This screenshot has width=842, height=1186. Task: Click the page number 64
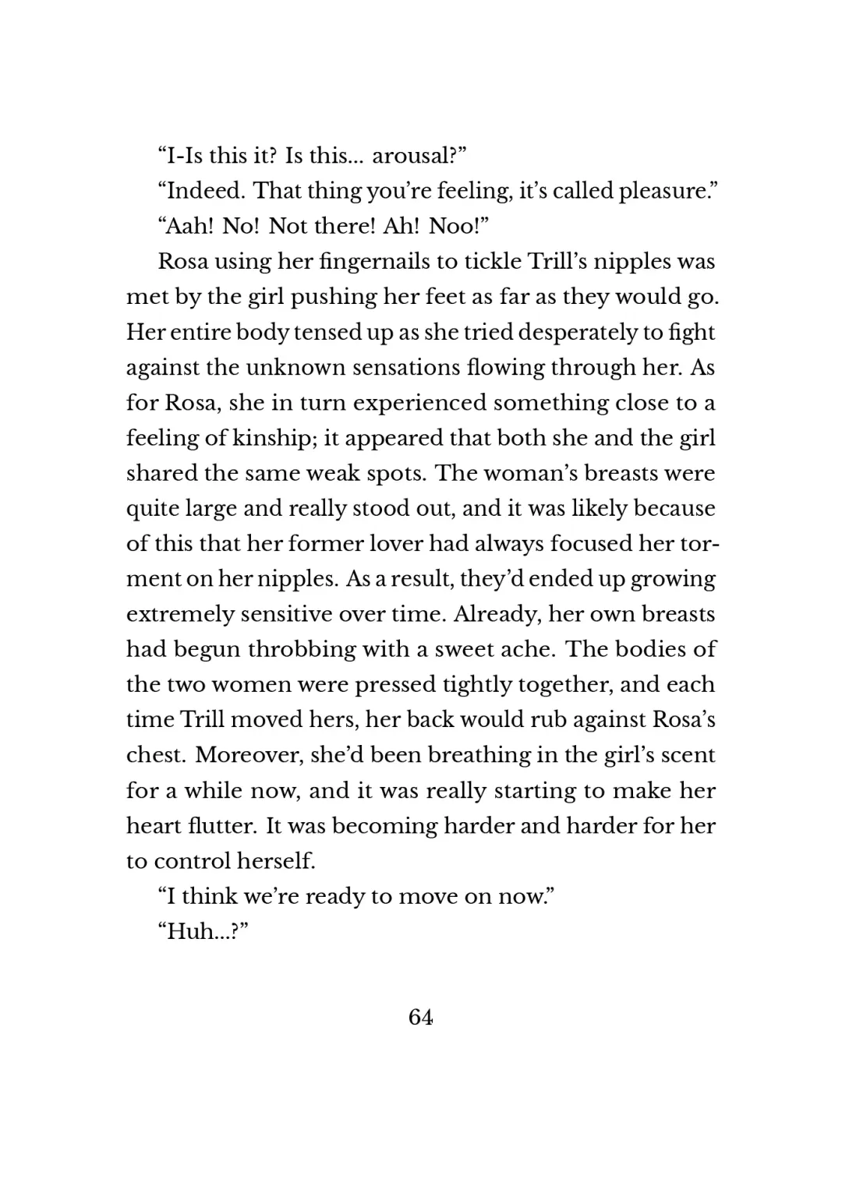point(420,1017)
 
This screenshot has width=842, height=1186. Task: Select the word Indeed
point(204,191)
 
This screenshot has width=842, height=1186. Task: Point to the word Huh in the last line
point(192,931)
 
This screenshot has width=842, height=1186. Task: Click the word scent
point(688,755)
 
